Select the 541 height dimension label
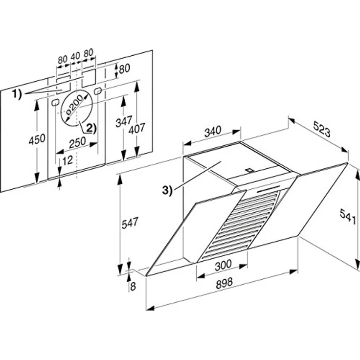348,216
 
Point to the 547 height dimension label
130,223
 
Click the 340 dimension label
213,131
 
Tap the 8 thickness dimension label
133,286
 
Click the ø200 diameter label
74,105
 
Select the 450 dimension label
37,139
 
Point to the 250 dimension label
77,142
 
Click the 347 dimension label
124,121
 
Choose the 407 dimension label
137,128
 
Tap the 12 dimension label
67,160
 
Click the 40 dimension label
75,56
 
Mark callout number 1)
17,94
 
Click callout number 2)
91,129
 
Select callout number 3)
167,191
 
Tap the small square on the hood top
249,170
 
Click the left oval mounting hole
55,102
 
